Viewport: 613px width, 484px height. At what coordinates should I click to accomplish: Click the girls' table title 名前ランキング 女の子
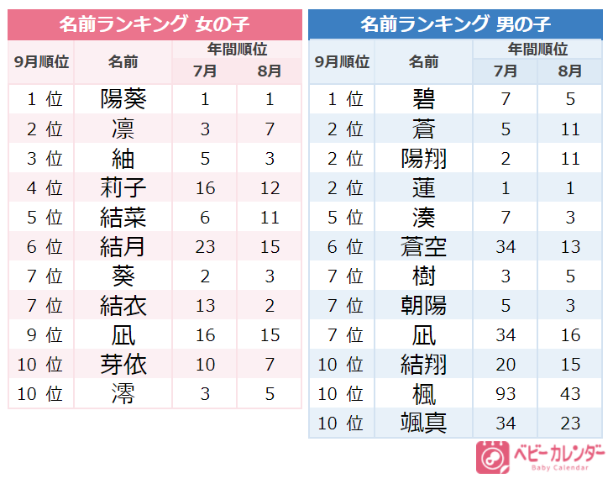pos(155,24)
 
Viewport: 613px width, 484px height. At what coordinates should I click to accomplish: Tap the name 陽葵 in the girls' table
pos(123,100)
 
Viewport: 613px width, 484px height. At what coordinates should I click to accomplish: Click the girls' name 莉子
pos(123,188)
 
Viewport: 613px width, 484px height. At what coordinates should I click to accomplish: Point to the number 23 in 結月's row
pos(205,247)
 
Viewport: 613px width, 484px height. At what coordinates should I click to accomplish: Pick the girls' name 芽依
pos(123,365)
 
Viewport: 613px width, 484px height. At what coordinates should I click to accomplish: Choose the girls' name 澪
pos(123,394)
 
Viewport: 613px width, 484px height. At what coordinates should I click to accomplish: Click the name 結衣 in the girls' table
pos(123,306)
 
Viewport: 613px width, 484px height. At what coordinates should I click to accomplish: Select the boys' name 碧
pos(424,100)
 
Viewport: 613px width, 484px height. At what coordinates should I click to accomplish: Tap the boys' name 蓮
pos(424,188)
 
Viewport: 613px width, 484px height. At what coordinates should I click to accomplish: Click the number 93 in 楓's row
pos(506,394)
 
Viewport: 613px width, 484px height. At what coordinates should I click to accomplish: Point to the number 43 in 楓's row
pos(570,394)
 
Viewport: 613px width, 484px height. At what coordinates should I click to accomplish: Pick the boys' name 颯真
pos(424,423)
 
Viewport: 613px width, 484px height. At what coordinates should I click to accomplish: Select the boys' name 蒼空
pos(424,247)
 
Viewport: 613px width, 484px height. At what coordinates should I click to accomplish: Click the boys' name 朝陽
pos(424,306)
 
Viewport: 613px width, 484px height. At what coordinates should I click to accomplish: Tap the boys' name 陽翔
pos(424,159)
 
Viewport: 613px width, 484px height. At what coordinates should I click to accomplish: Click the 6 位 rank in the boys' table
pos(343,247)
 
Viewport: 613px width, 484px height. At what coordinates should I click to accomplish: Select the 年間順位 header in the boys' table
pos(537,49)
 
